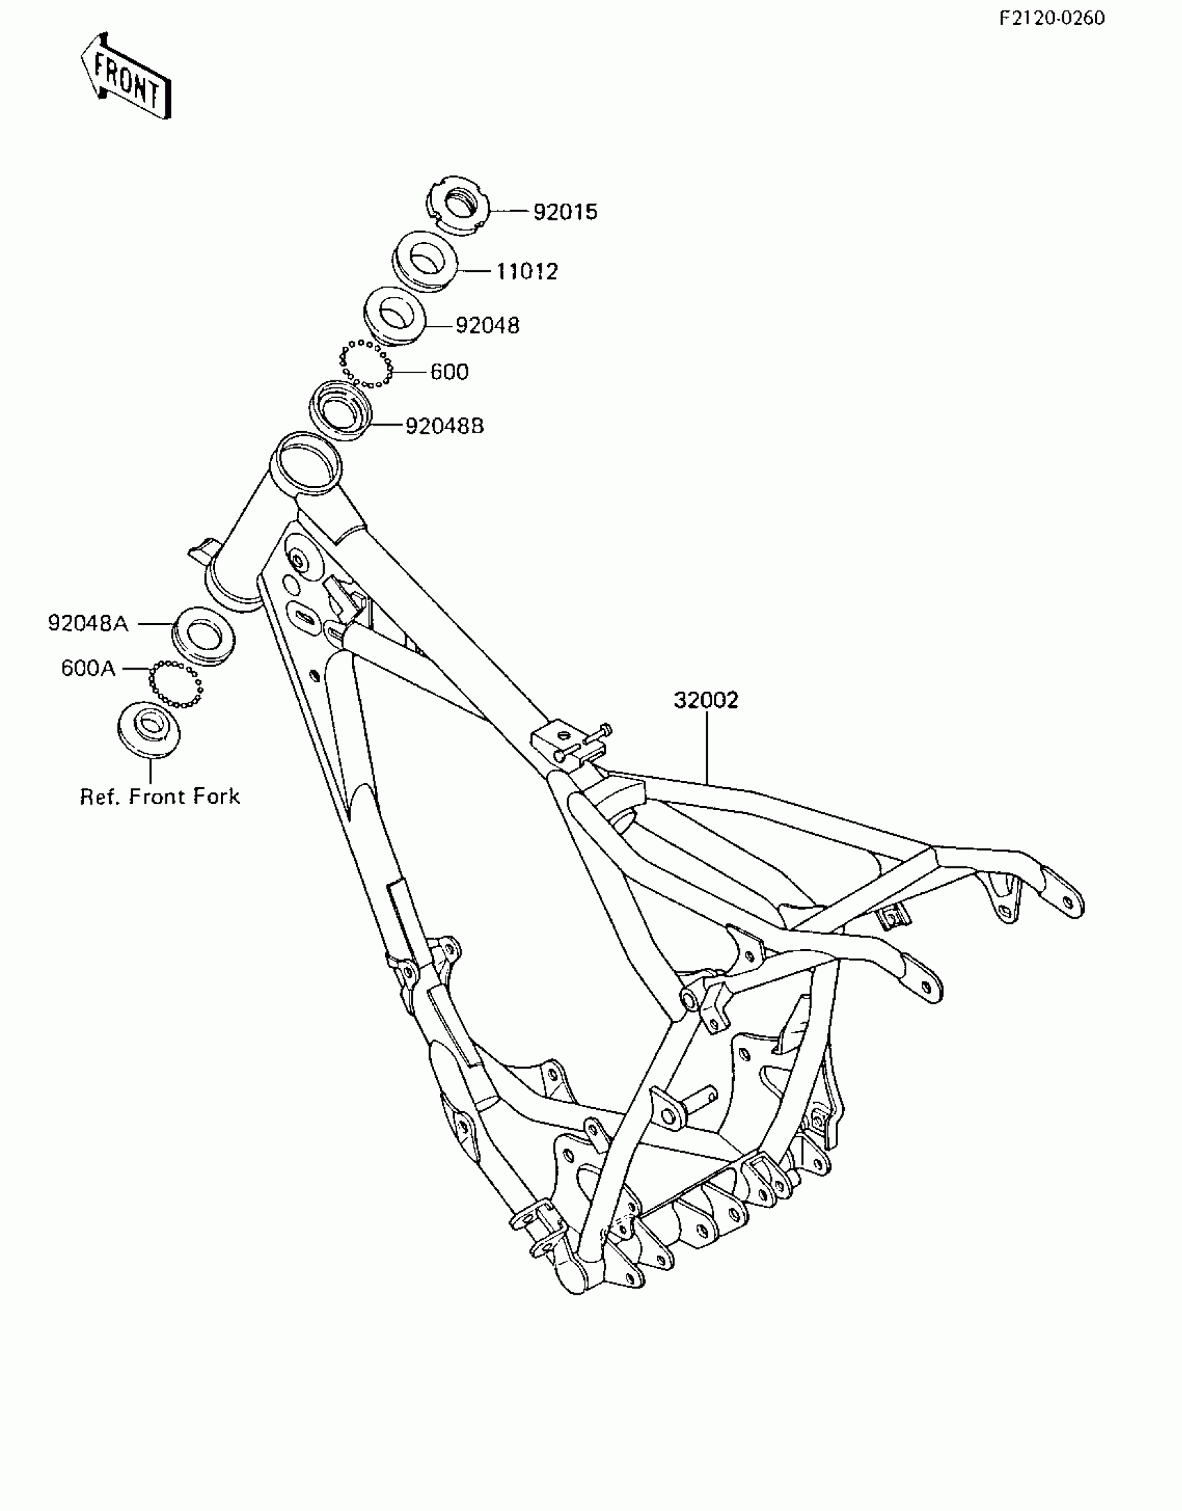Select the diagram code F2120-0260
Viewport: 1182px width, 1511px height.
click(x=1051, y=18)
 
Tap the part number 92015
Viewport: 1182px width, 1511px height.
click(x=565, y=212)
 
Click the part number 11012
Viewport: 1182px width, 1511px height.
click(x=526, y=271)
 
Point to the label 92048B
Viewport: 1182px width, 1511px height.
click(x=444, y=426)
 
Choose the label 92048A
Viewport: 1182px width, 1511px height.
click(x=88, y=624)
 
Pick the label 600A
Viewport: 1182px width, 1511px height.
click(x=88, y=669)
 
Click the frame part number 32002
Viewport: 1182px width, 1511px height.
click(x=706, y=700)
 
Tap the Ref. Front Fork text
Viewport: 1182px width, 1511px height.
click(x=160, y=796)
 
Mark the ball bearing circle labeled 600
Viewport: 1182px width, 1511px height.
click(x=366, y=364)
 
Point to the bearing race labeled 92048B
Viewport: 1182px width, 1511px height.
click(x=341, y=410)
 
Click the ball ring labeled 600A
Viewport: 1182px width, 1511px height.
click(x=176, y=685)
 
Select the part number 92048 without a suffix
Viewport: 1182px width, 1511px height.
click(x=487, y=325)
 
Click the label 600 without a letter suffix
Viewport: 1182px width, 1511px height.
click(x=449, y=372)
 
